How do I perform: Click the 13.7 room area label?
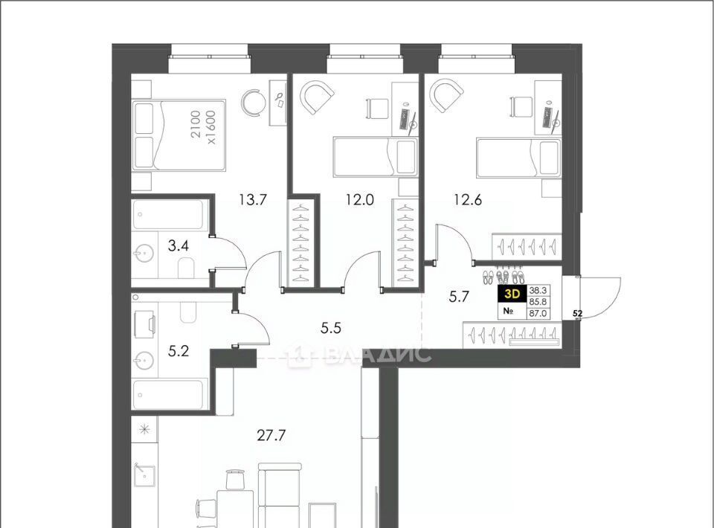pos(252,199)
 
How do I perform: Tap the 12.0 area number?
pos(360,199)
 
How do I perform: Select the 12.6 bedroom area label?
pos(467,199)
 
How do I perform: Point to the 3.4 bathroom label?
pos(178,246)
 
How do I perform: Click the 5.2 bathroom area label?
pos(178,352)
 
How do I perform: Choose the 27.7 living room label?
pos(271,436)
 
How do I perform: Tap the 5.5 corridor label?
pos(330,328)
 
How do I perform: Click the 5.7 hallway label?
pos(459,297)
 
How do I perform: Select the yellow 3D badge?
pos(512,294)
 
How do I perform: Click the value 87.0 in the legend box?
pos(538,313)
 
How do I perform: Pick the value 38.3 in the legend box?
pos(538,290)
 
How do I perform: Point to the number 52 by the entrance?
pos(578,314)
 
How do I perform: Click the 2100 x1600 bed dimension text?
pos(203,127)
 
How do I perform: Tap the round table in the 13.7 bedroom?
pos(253,102)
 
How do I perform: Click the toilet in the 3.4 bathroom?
pos(186,268)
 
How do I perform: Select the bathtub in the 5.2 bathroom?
pos(167,395)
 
